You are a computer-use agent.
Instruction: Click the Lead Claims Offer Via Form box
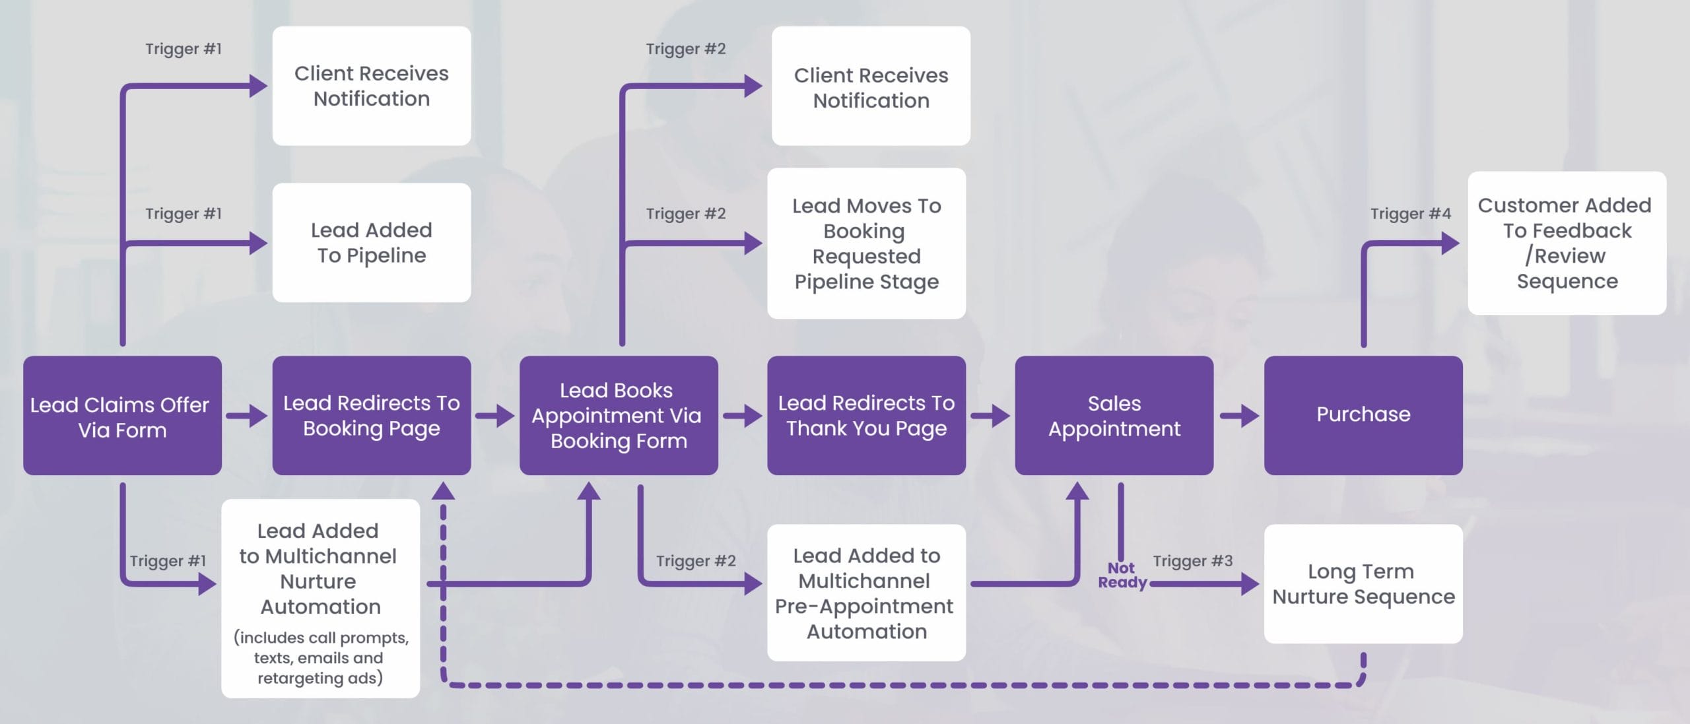point(122,416)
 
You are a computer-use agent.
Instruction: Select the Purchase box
point(1363,416)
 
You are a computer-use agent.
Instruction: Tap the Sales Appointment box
point(1114,416)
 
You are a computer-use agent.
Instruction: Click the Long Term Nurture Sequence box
point(1363,583)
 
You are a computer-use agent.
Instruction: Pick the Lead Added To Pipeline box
point(371,243)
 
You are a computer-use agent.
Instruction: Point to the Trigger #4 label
point(1410,214)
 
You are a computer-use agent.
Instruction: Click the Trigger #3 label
point(1192,561)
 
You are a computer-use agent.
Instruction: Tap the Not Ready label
point(1122,576)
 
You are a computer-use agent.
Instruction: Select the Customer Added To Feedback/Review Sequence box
point(1567,243)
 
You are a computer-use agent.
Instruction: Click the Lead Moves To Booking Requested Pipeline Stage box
point(866,243)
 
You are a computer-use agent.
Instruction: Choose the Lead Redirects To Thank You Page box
point(866,416)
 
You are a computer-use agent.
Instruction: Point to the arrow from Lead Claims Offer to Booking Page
point(247,416)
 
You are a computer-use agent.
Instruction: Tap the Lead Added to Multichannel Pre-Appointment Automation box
point(866,593)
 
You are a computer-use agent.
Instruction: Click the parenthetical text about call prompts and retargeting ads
point(321,658)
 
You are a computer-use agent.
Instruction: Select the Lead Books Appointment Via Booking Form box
point(619,416)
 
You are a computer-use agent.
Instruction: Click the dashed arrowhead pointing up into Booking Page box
point(443,491)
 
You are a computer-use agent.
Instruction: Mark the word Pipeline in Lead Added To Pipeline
point(386,256)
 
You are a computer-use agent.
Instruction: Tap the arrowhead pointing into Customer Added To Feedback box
point(1449,243)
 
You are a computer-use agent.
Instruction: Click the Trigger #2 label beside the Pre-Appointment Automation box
point(695,561)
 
